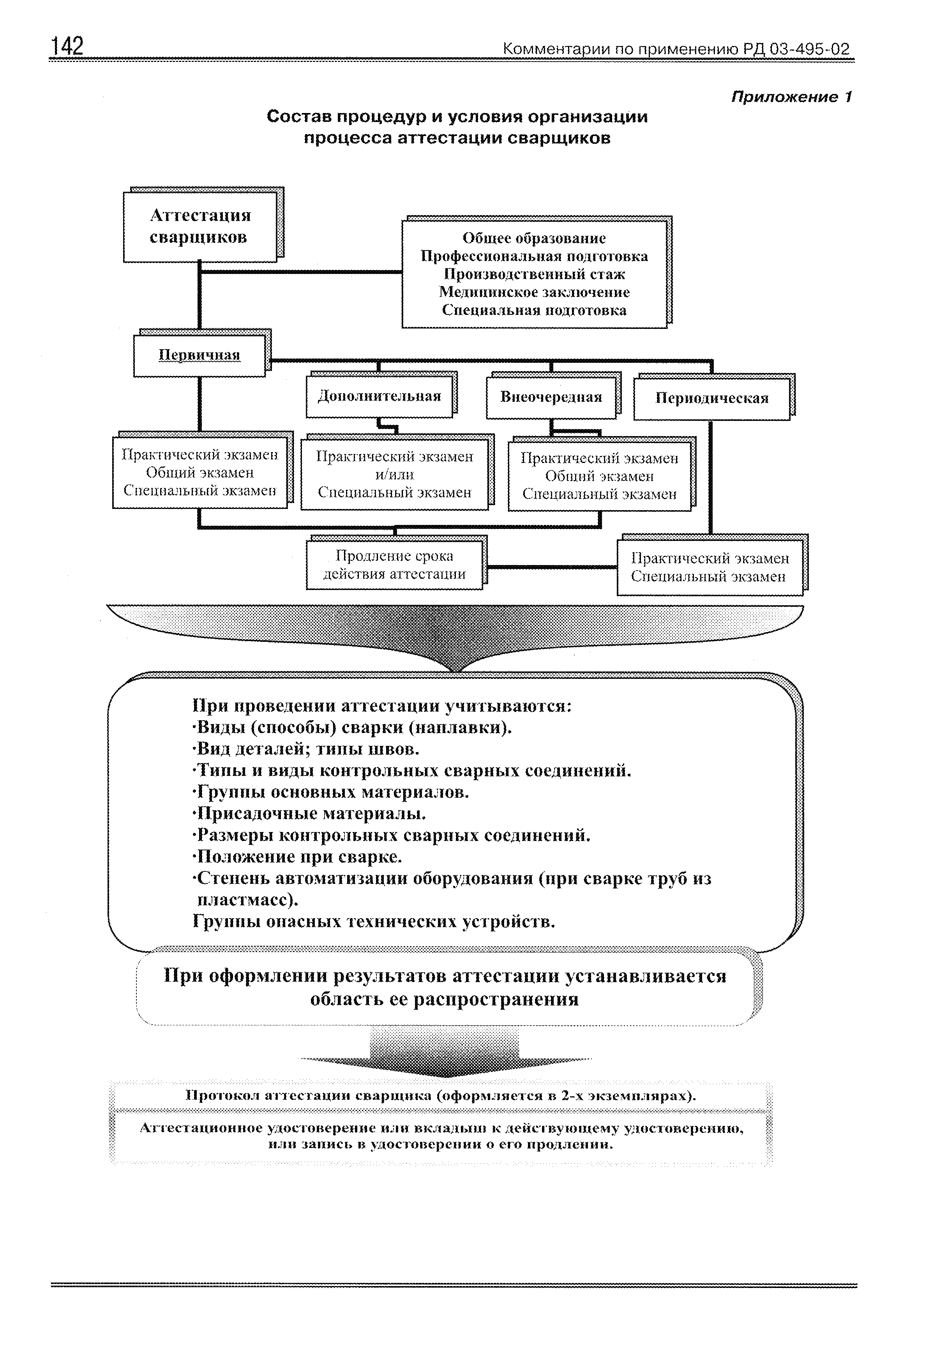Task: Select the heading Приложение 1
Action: pyautogui.click(x=791, y=97)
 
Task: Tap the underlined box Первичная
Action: pyautogui.click(x=199, y=355)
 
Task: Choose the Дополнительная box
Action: pyautogui.click(x=379, y=397)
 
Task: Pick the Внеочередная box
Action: pyautogui.click(x=551, y=398)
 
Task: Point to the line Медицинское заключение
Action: pyautogui.click(x=534, y=292)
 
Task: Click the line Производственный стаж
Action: pyautogui.click(x=534, y=274)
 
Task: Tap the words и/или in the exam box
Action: pyautogui.click(x=394, y=474)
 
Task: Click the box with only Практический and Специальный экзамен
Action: pyautogui.click(x=710, y=567)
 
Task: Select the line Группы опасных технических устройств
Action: pyautogui.click(x=374, y=921)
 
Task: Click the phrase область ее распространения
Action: pyautogui.click(x=444, y=999)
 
